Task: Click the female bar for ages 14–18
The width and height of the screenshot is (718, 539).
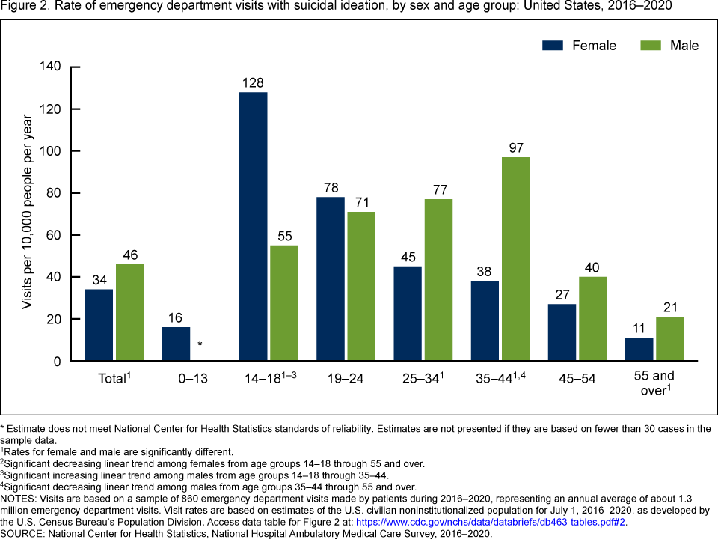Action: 253,226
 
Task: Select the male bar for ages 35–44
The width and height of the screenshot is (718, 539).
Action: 515,259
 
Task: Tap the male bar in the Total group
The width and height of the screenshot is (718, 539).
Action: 129,312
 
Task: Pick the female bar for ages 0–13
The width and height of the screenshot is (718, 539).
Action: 176,344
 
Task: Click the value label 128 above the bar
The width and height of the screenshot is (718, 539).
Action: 253,82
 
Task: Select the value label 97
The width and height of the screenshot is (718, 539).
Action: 515,147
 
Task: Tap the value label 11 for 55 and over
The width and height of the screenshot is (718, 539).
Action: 639,328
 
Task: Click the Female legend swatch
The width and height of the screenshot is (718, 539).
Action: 553,46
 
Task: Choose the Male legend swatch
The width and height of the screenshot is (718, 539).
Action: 651,46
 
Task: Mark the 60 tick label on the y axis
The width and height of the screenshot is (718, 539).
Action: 53,235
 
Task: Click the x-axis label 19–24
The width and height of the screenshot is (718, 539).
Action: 345,379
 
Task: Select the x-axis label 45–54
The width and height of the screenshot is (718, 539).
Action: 577,379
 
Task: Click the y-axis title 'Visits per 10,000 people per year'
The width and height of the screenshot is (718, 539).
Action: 27,213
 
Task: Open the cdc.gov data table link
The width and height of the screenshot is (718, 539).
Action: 491,522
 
